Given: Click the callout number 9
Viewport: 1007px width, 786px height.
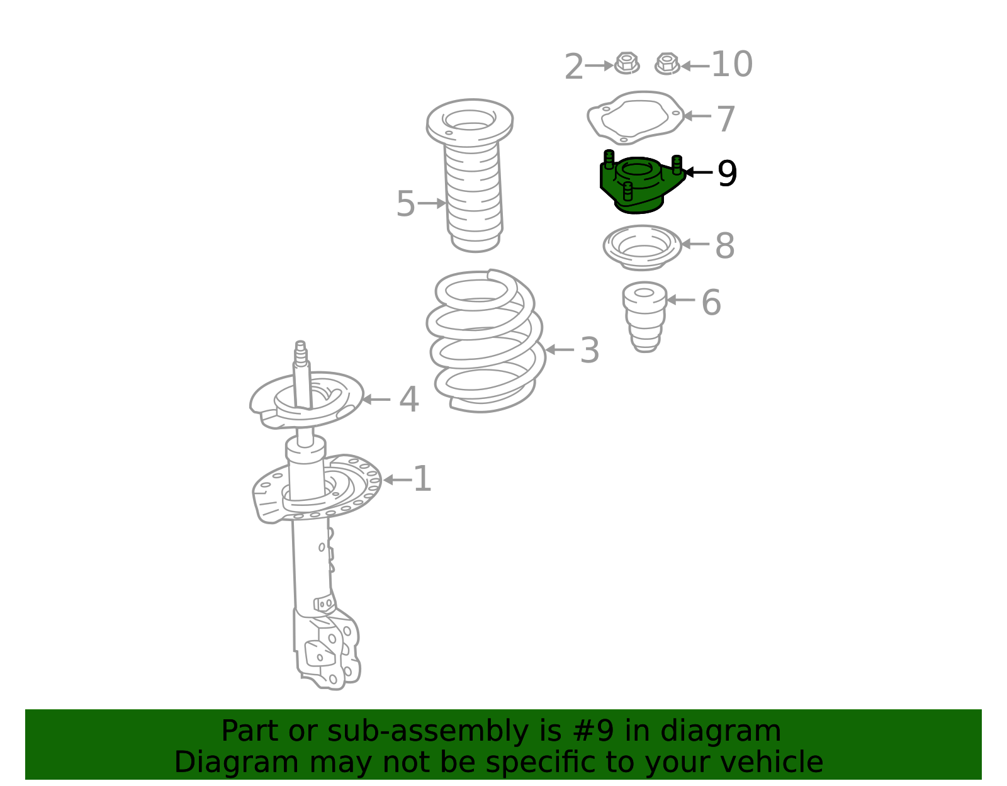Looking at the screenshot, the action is [x=727, y=173].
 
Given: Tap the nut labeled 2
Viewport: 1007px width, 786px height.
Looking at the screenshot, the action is [x=626, y=64].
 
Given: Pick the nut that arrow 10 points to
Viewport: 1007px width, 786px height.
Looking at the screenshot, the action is [x=667, y=64].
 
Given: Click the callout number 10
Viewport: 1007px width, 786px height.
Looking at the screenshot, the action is [x=731, y=64].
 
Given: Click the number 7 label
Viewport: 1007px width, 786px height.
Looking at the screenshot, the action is [x=725, y=118].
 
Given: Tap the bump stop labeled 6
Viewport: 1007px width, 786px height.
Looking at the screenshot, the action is [x=644, y=317].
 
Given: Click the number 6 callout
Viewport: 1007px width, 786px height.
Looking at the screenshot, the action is [x=711, y=302].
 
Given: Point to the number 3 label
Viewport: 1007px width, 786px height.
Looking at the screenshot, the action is [x=590, y=350].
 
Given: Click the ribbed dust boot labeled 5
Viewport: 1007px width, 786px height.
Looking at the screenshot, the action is [x=470, y=175].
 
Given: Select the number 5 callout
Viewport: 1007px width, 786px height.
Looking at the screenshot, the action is [x=405, y=203].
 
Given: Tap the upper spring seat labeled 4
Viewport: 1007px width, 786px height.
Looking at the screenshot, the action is [x=307, y=399].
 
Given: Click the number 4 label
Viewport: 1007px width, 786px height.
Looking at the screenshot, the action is [x=408, y=399].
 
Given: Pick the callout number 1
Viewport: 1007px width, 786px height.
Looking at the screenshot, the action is [x=422, y=480].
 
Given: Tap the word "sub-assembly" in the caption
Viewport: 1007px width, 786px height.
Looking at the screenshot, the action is [x=428, y=731].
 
